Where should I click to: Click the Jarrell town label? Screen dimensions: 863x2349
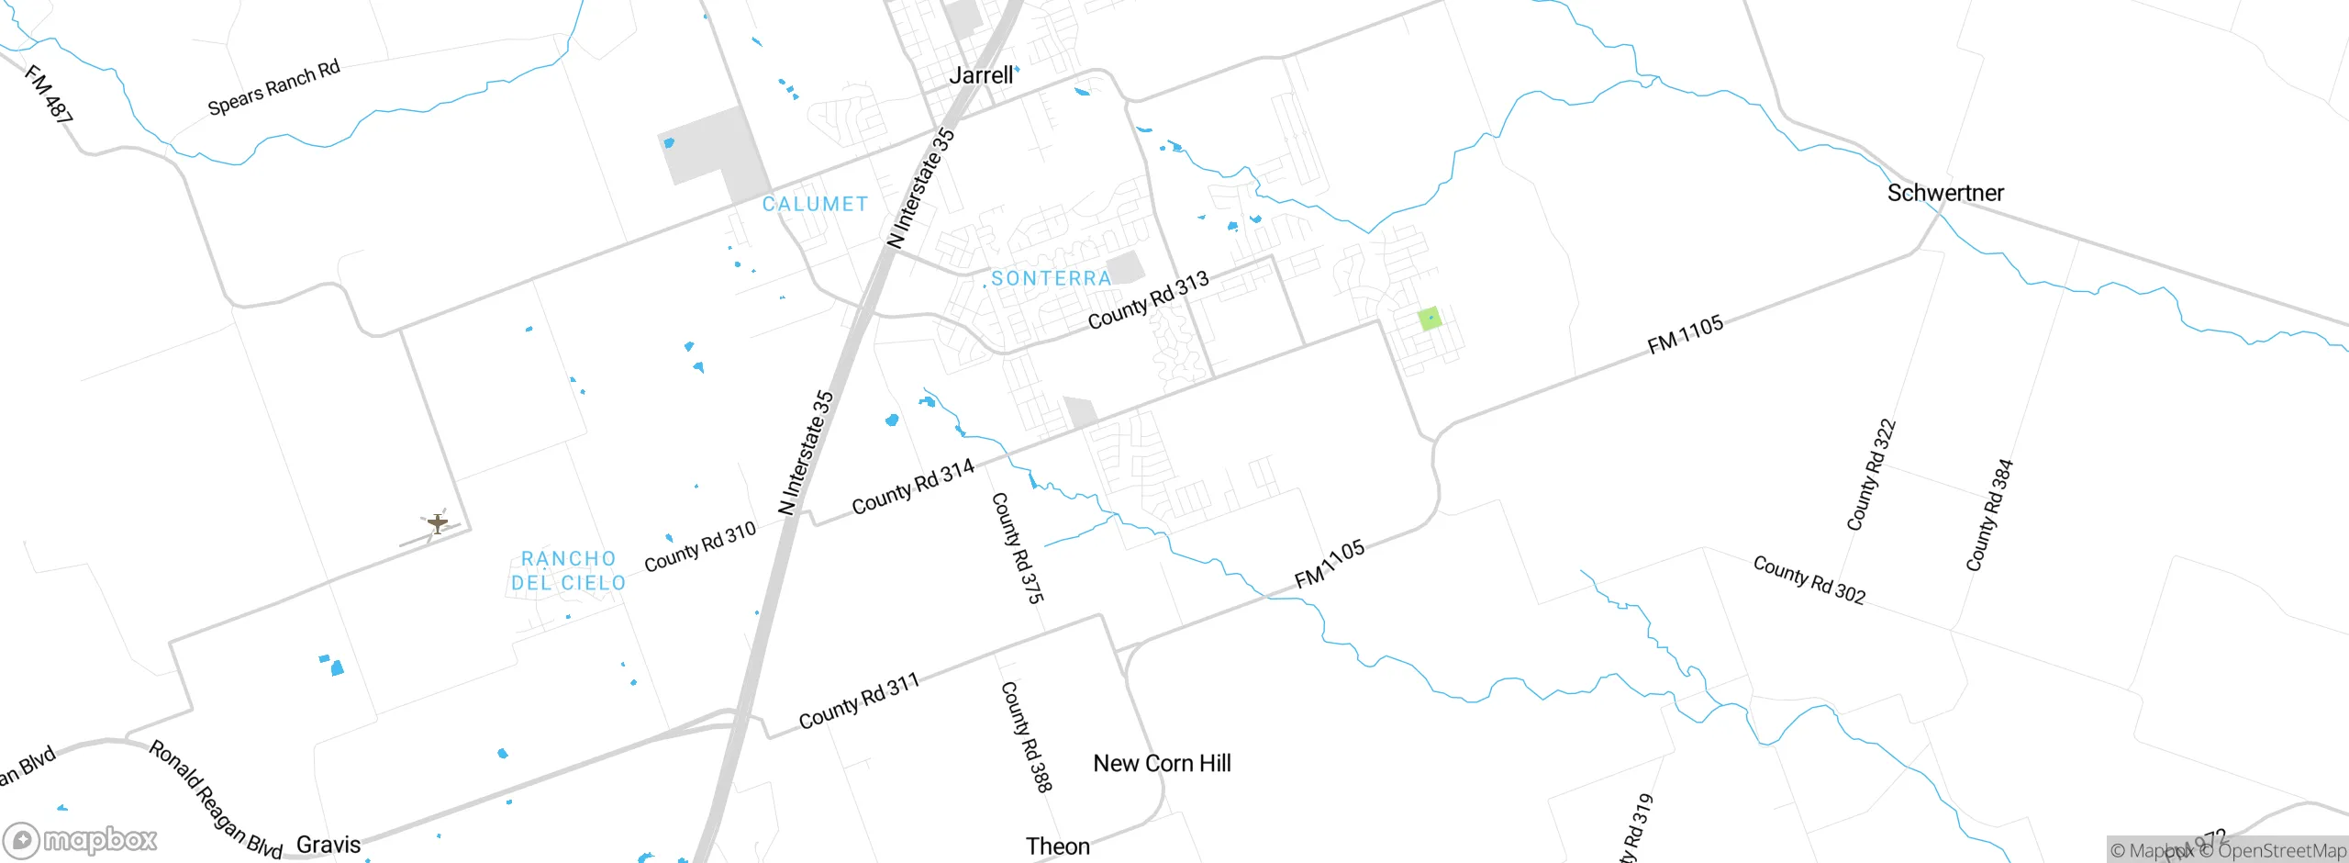point(981,75)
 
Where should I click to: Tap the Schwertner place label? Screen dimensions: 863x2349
point(1945,193)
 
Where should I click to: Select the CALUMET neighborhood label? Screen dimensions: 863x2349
point(815,204)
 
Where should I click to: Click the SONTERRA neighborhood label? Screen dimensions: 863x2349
point(1051,278)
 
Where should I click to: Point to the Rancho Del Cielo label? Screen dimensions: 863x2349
point(568,570)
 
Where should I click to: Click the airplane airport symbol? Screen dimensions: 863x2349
point(438,523)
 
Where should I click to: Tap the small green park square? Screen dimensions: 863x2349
point(1430,319)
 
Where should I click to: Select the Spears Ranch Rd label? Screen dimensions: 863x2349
point(273,87)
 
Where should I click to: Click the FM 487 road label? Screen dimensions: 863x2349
point(49,94)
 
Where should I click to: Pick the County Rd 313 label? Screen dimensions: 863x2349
point(1148,300)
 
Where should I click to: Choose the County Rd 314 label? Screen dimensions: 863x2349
point(913,488)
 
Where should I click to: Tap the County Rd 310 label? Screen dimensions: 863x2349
point(700,546)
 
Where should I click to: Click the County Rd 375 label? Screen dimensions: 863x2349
point(1018,548)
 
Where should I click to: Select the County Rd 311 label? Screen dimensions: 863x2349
point(858,701)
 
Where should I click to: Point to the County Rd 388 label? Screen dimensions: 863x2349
point(1026,736)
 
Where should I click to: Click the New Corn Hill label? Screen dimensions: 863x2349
point(1162,764)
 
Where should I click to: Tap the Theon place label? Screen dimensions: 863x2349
point(1057,846)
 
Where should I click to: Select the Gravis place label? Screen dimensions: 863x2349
point(328,845)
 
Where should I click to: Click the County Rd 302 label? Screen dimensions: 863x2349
point(1809,580)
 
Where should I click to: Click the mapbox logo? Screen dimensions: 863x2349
point(81,840)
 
